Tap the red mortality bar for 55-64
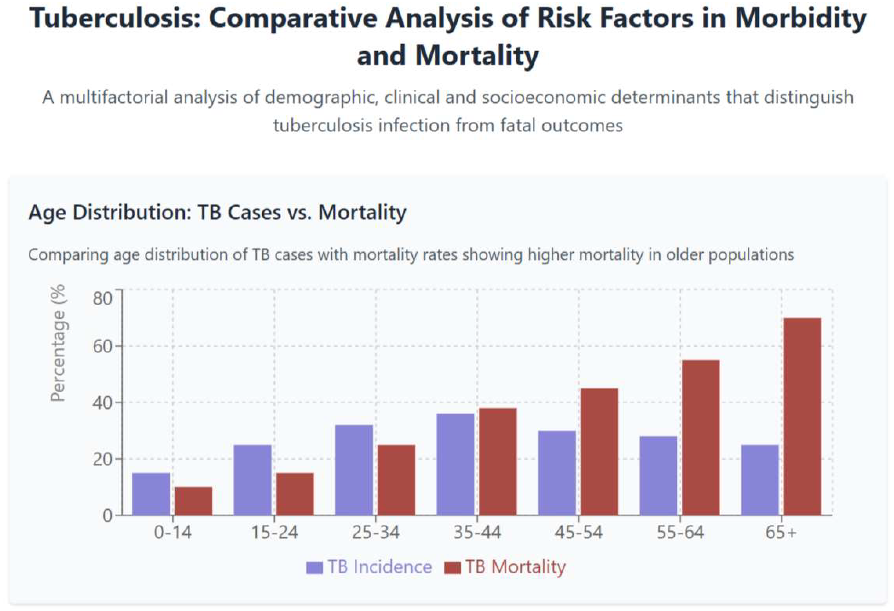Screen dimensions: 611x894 (700, 438)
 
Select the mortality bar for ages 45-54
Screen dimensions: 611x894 (599, 452)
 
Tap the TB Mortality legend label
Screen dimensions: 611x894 (515, 567)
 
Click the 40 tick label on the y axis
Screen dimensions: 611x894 (102, 403)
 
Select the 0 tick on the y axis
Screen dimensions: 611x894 (107, 516)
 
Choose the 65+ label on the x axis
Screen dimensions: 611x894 (781, 533)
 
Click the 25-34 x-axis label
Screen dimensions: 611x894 (375, 533)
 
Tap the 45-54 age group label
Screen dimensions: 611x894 (578, 533)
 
